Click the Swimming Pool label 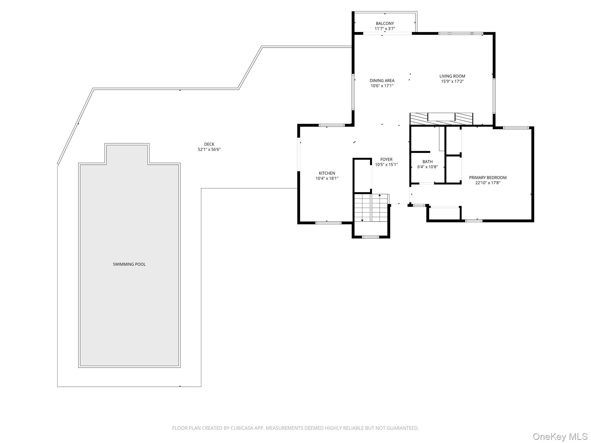click(x=129, y=264)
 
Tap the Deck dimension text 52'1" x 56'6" click(x=209, y=149)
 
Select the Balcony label click(x=385, y=23)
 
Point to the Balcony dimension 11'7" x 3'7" click(x=385, y=29)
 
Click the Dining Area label click(x=382, y=80)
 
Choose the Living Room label click(x=452, y=76)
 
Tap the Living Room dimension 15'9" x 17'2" click(x=452, y=81)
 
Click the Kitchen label click(x=327, y=173)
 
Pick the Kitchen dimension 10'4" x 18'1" click(x=327, y=178)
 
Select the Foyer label click(x=386, y=159)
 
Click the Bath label click(x=428, y=162)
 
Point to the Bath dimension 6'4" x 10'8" click(x=428, y=167)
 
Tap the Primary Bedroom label click(x=488, y=177)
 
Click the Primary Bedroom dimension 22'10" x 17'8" click(x=488, y=183)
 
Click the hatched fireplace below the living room click(x=441, y=119)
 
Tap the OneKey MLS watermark click(x=560, y=436)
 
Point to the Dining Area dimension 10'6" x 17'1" click(x=382, y=86)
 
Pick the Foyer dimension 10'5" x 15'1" click(x=386, y=165)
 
